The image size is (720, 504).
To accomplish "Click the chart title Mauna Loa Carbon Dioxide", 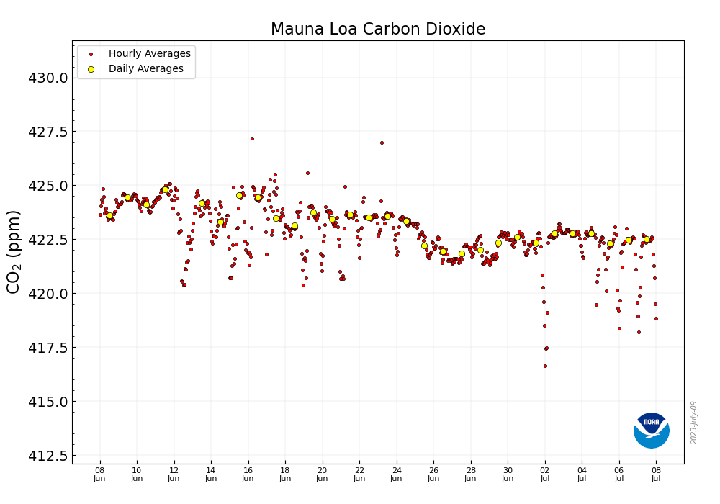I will [377, 30].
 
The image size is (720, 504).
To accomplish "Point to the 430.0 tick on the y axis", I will [48, 78].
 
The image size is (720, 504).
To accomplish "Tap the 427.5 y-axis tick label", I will [48, 132].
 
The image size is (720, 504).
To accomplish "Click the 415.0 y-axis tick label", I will [48, 402].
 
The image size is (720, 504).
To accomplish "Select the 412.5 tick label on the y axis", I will [48, 456].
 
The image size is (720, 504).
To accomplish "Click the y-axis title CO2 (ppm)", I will [14, 251].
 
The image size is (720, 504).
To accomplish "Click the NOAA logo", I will [651, 431].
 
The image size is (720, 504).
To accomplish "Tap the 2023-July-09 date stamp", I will [694, 422].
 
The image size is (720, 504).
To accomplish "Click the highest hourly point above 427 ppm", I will [252, 138].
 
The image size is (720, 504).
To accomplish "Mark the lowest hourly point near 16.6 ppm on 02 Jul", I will [545, 366].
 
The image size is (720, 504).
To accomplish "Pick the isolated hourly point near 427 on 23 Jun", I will [382, 143].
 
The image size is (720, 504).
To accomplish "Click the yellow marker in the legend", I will [91, 69].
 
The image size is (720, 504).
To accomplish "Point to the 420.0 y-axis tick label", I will [48, 294].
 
